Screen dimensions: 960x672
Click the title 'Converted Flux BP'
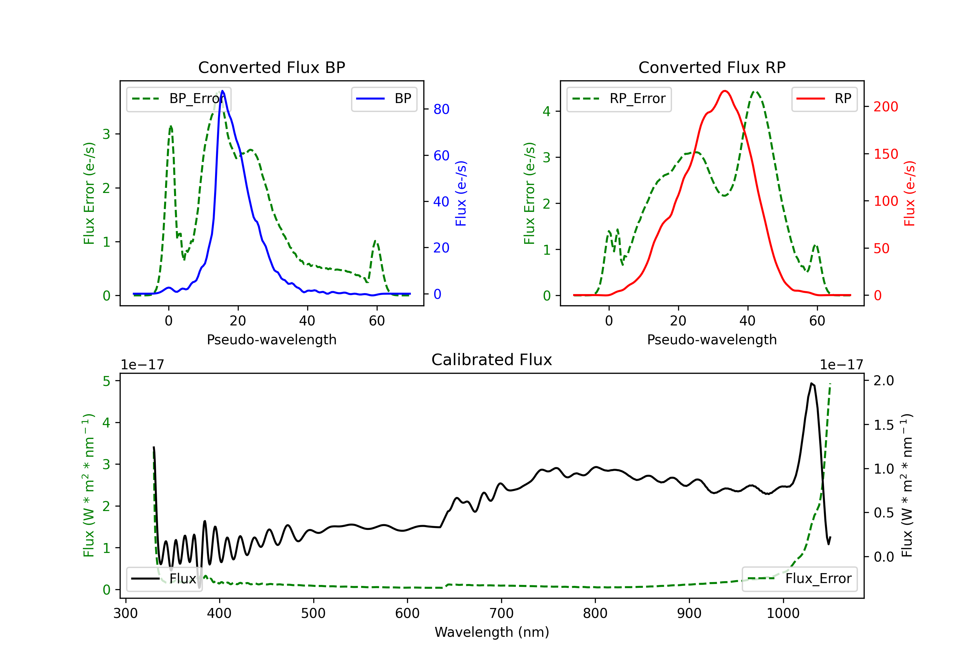[271, 67]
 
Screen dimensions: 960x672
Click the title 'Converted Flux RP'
[712, 67]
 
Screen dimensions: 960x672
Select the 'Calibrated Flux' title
[492, 360]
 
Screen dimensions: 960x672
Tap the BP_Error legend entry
[178, 99]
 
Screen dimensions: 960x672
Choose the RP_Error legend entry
[619, 99]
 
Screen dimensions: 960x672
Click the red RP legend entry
[824, 99]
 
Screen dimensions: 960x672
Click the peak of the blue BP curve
[222, 91]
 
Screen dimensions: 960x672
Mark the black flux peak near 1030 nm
[811, 383]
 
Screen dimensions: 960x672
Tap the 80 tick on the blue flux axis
[441, 109]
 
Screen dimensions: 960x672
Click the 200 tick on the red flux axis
[885, 107]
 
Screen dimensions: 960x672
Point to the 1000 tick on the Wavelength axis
[783, 613]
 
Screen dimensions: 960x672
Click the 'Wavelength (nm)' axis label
[492, 632]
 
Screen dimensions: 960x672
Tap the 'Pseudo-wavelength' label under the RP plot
[712, 340]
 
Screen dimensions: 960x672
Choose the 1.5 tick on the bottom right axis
[884, 425]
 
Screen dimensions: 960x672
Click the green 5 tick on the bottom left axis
[107, 381]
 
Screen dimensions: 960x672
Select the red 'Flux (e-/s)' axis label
[909, 194]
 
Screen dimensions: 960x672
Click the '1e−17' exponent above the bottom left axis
[142, 365]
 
